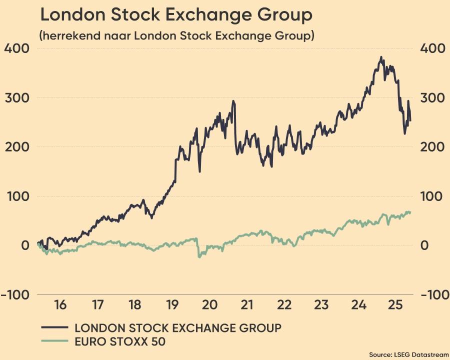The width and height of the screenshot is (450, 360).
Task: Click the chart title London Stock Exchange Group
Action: (x=176, y=15)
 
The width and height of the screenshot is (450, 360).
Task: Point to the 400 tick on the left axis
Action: (x=17, y=48)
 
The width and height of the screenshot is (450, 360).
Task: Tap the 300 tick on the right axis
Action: (x=431, y=97)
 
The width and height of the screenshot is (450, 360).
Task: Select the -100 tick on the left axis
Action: (x=15, y=294)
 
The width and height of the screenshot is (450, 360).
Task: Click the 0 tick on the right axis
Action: (x=424, y=245)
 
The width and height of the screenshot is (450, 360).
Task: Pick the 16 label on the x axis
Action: (x=60, y=304)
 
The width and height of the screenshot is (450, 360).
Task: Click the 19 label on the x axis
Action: (x=172, y=304)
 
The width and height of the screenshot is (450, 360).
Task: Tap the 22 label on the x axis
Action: (x=284, y=304)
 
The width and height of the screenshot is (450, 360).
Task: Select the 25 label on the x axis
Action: (x=396, y=304)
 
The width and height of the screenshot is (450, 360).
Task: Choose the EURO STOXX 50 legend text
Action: (x=120, y=342)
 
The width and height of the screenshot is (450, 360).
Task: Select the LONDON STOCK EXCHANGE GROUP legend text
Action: (x=178, y=328)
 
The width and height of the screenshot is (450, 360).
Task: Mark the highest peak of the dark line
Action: (x=381, y=57)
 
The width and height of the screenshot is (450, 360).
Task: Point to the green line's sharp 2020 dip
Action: (x=199, y=256)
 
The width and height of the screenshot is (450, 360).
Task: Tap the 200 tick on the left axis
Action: (x=17, y=147)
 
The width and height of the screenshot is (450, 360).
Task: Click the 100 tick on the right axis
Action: (x=431, y=196)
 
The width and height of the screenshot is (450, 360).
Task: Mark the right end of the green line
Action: (x=410, y=212)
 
